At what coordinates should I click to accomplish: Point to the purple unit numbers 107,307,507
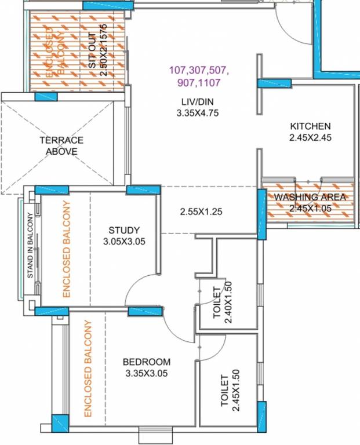pos(199,71)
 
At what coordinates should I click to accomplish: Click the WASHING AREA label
pos(310,197)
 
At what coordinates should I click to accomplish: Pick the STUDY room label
pos(124,230)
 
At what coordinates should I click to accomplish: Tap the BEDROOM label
pos(146,362)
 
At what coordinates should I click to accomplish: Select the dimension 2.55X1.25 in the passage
pos(201,211)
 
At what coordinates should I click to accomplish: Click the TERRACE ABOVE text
pos(61,145)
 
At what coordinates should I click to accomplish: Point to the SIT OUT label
pos(93,49)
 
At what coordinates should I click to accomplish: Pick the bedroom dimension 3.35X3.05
pos(146,374)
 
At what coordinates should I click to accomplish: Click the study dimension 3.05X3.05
pos(124,241)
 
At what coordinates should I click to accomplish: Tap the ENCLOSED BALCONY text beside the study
pos(66,249)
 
